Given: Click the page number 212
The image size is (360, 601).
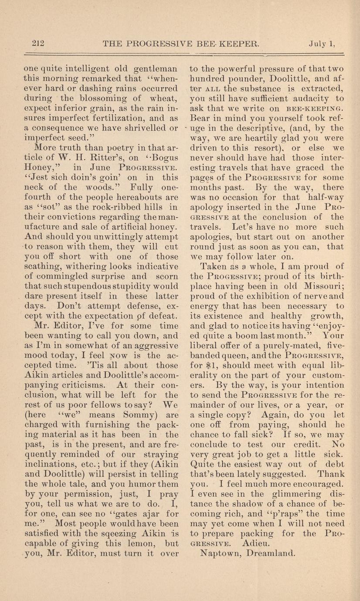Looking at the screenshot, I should click(x=38, y=43).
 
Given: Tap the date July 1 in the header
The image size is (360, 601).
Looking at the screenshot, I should click(x=322, y=43).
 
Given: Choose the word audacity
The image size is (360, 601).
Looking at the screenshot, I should click(x=307, y=98).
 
